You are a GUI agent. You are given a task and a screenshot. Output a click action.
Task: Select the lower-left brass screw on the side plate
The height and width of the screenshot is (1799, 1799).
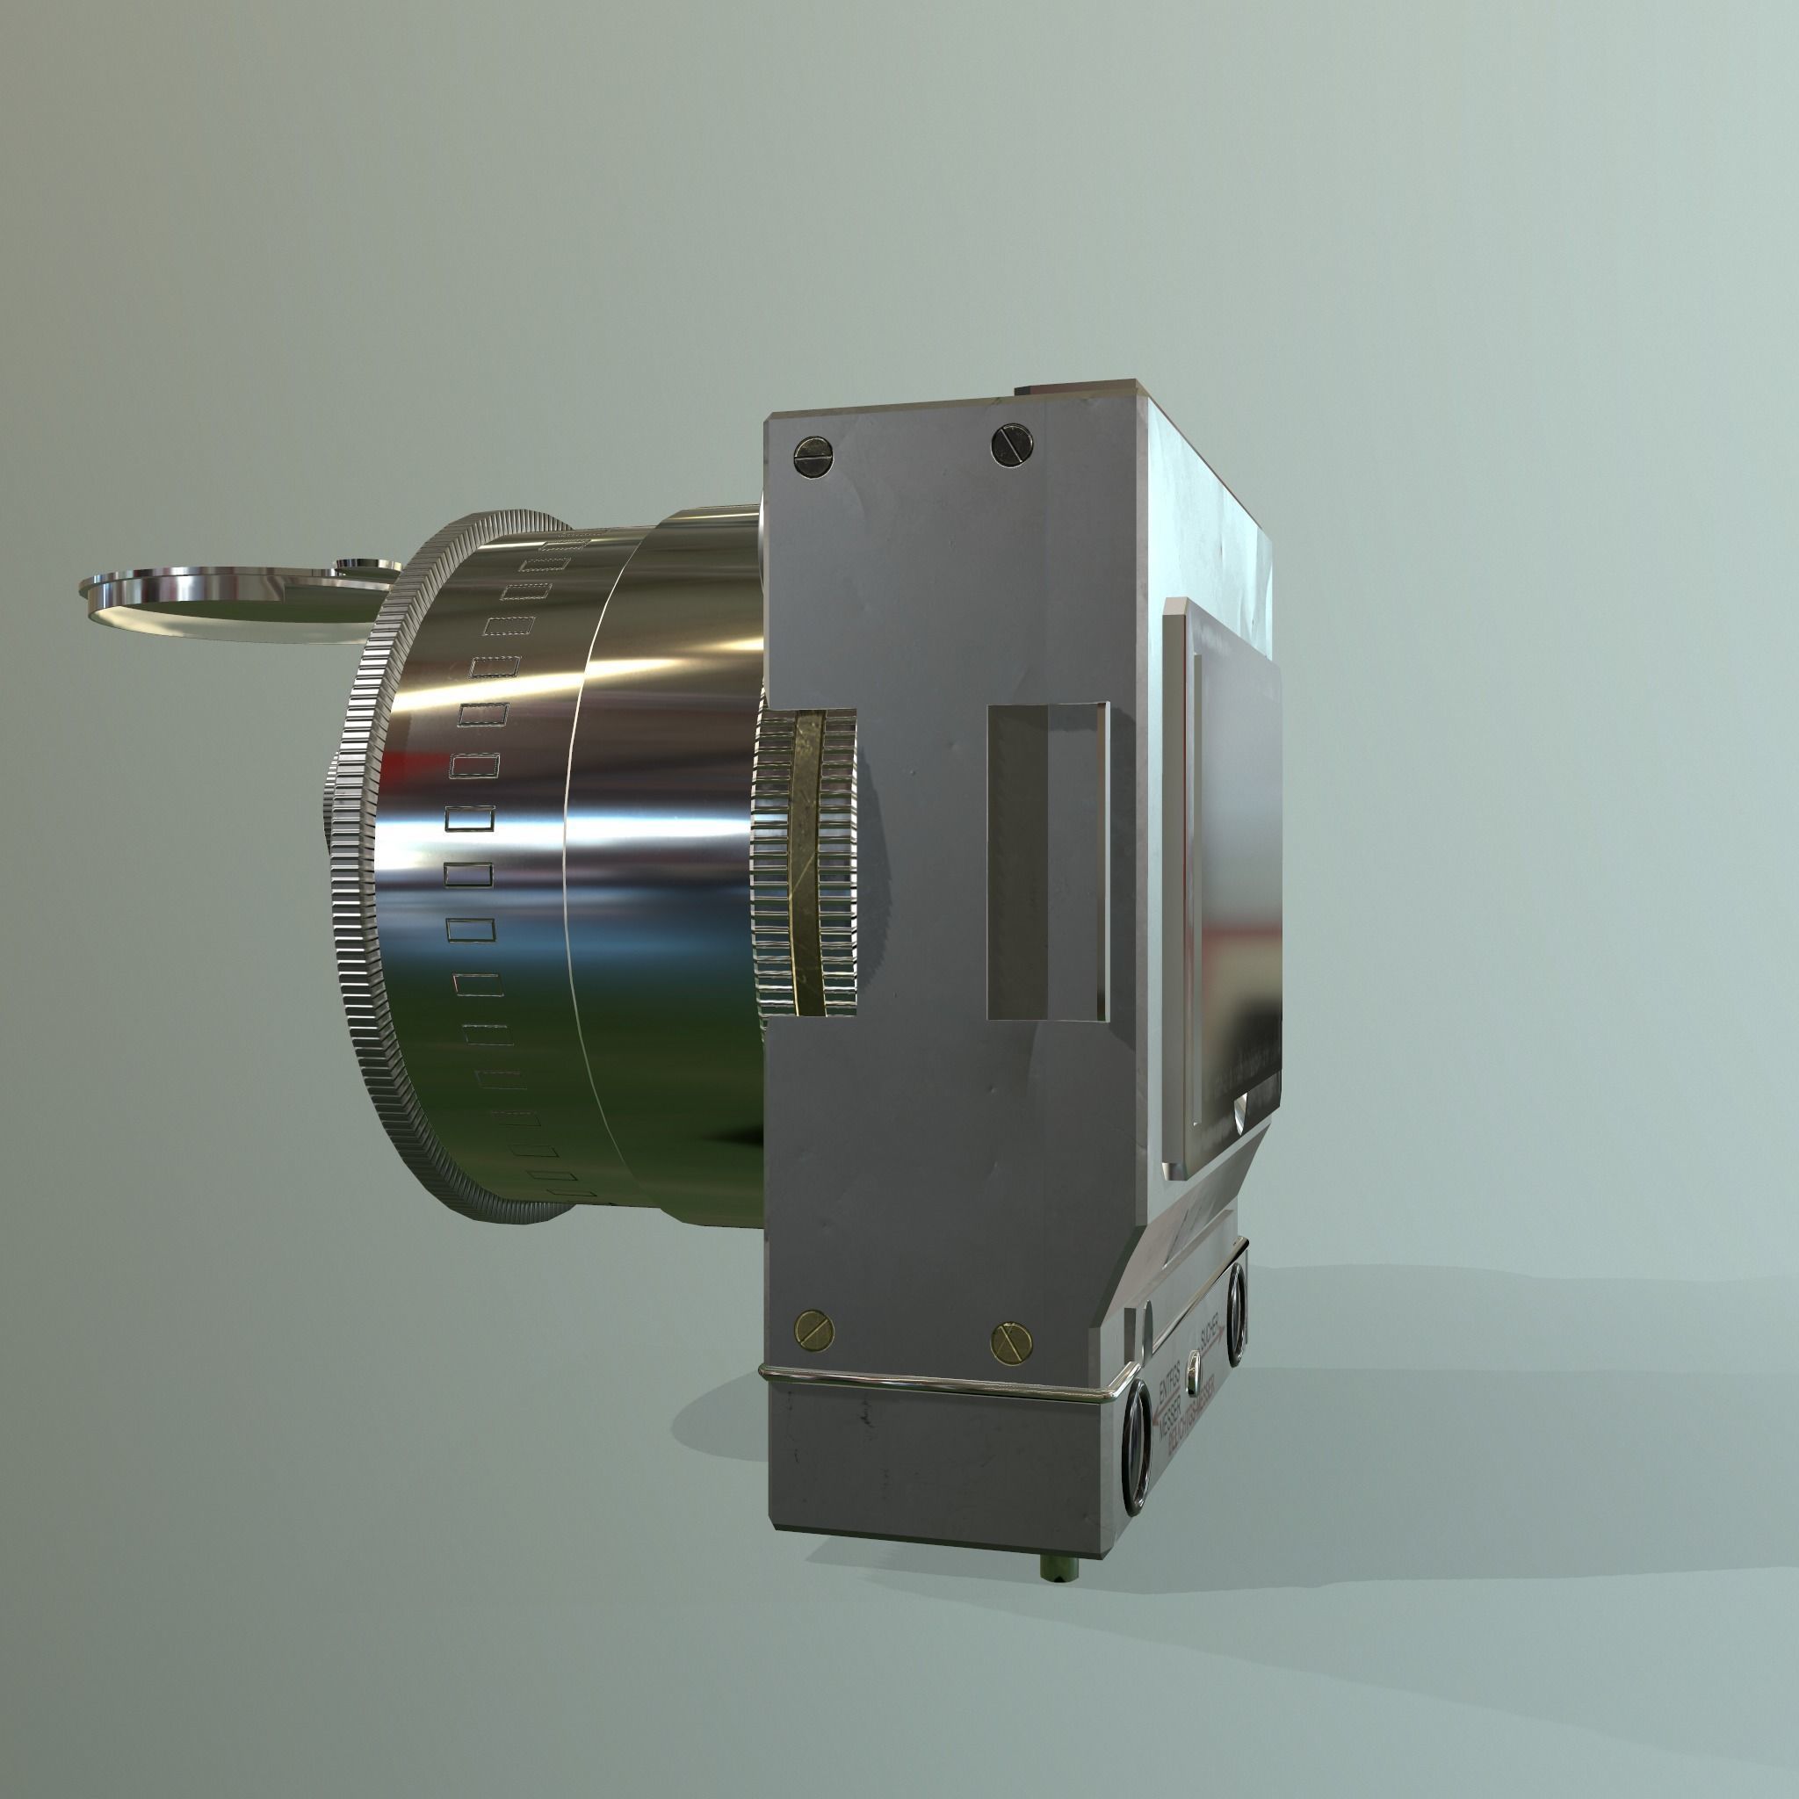[x=813, y=1328]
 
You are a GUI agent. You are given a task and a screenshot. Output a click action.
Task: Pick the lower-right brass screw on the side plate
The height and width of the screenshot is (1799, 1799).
[x=1012, y=1340]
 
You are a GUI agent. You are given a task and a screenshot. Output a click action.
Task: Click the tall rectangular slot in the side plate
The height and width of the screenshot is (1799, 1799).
[x=1048, y=862]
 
